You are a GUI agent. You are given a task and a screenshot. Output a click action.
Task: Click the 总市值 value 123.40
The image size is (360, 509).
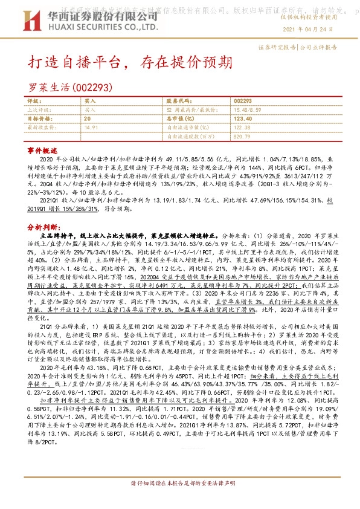click(x=243, y=119)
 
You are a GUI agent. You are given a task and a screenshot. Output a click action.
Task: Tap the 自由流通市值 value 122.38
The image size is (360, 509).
click(x=242, y=128)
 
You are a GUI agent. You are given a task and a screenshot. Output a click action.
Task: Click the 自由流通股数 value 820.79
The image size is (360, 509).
click(x=242, y=136)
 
